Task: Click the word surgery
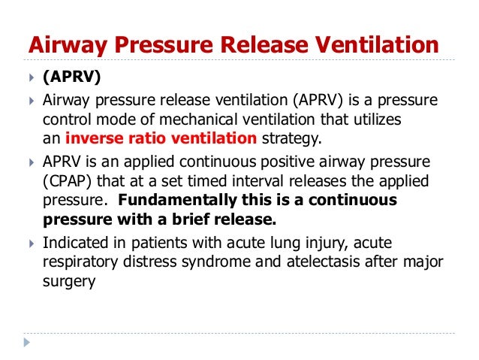point(71,280)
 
